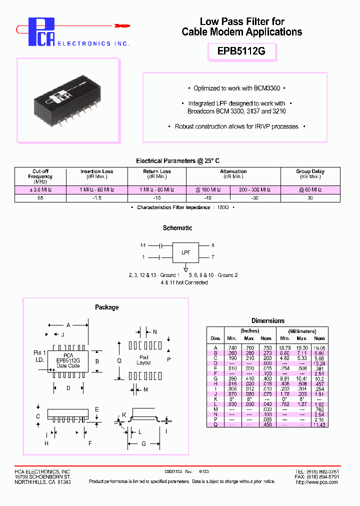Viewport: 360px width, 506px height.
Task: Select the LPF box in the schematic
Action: [185, 252]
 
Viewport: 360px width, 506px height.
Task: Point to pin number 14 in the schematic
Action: [143, 245]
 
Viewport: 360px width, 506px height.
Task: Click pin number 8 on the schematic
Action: [212, 245]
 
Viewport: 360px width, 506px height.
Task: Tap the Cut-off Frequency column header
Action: [40, 176]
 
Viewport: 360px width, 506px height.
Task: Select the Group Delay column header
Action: [310, 173]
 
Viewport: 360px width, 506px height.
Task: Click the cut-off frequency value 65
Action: [40, 198]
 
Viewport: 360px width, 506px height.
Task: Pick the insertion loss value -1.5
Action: [97, 198]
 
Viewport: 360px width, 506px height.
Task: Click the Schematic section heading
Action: [177, 228]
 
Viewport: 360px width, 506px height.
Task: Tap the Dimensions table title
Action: [268, 321]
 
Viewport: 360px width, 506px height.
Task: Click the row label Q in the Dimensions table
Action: [215, 424]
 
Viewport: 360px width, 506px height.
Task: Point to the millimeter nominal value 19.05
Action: [318, 347]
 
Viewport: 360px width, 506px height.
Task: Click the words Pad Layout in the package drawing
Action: [144, 360]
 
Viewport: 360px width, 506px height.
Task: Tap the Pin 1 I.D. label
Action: [39, 356]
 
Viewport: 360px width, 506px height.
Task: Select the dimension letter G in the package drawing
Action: [144, 443]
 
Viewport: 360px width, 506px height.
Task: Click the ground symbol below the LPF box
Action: [185, 270]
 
